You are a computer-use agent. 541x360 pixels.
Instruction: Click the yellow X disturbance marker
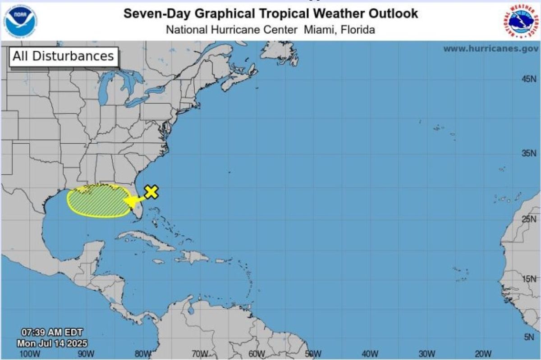click(x=151, y=192)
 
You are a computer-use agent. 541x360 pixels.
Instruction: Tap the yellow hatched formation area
click(x=96, y=201)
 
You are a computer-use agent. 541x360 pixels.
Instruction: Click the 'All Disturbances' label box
click(x=63, y=56)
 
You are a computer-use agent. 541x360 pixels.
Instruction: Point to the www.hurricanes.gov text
click(x=491, y=49)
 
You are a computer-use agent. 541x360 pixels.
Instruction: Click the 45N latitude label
click(x=529, y=79)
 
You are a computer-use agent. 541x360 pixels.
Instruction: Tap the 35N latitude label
click(x=529, y=154)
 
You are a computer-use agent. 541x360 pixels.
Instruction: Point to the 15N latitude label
click(x=529, y=279)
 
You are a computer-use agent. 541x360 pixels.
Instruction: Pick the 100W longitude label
click(x=30, y=354)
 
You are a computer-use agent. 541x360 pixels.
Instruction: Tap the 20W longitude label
click(x=483, y=354)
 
